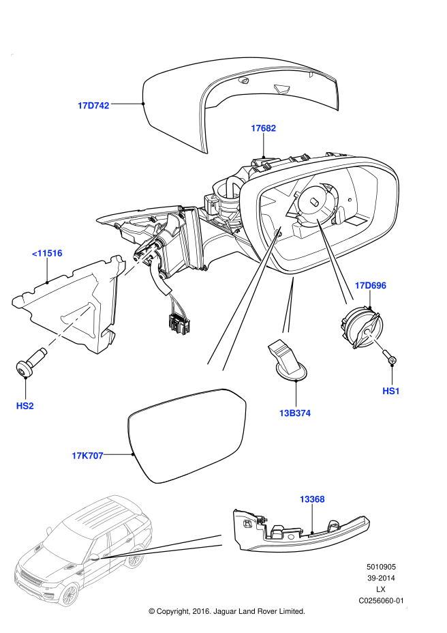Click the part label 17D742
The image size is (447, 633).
(x=93, y=106)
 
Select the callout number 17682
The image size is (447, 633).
(x=263, y=128)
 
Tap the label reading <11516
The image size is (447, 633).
(x=47, y=253)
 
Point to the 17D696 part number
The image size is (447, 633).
(x=370, y=286)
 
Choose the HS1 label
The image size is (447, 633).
(x=391, y=391)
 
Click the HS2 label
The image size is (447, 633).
(x=25, y=406)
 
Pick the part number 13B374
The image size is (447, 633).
(x=294, y=413)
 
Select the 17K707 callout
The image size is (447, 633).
(x=87, y=456)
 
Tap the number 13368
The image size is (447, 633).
(x=311, y=499)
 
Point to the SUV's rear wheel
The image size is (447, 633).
(x=135, y=557)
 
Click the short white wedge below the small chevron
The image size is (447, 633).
(x=289, y=306)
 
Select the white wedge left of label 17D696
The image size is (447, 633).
(x=335, y=263)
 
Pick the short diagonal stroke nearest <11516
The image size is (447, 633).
(x=140, y=261)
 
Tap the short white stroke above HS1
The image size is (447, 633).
(x=375, y=340)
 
